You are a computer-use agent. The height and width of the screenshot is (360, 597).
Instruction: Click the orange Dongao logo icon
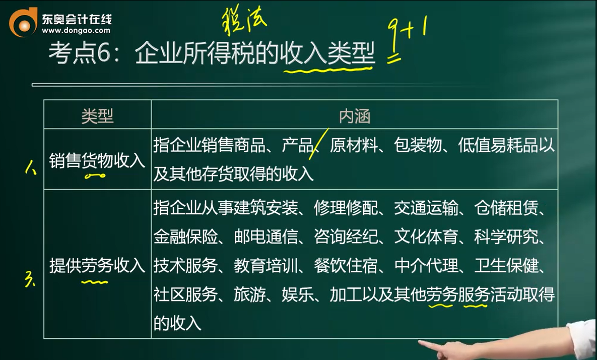(23, 23)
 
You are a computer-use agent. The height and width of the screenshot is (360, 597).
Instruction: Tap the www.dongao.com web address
(76, 30)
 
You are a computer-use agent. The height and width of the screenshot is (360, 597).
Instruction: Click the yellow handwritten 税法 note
(244, 21)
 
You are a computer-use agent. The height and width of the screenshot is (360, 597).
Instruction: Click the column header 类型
(97, 116)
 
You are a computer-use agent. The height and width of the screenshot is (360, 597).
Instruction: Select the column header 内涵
(355, 116)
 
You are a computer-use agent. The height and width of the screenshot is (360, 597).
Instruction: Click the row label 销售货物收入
(97, 160)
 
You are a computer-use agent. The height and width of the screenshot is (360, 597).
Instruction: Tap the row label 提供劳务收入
(97, 265)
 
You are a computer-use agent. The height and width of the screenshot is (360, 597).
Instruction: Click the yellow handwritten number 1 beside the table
(30, 167)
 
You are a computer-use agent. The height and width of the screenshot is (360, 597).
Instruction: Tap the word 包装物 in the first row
(418, 145)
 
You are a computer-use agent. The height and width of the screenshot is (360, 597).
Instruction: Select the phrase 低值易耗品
(498, 145)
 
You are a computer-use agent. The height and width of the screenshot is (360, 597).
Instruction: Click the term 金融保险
(185, 236)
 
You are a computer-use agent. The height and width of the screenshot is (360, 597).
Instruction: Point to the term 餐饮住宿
(346, 265)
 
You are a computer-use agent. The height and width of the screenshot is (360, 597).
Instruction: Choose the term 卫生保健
(506, 265)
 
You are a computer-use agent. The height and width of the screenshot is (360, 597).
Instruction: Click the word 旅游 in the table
(249, 294)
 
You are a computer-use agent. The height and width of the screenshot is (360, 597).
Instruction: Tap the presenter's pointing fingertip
(420, 342)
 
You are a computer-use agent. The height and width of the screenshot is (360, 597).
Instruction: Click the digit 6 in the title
(104, 53)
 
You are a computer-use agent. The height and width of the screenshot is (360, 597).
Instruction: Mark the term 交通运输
(426, 208)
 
